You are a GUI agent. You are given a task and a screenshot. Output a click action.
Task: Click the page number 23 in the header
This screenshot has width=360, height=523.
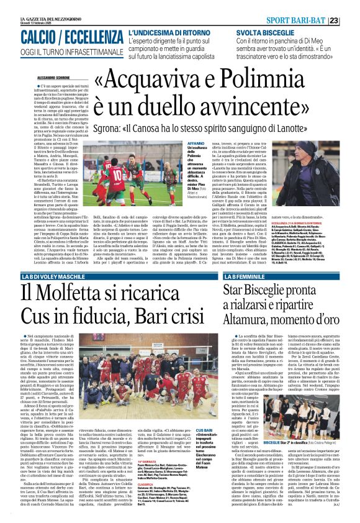click(351, 5)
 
